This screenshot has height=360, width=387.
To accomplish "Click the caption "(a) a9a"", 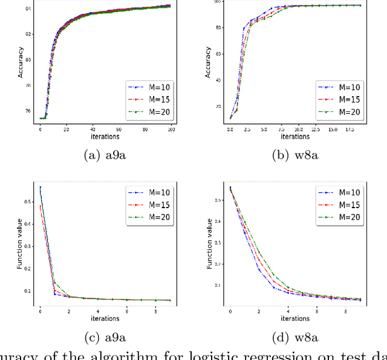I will click(106, 155).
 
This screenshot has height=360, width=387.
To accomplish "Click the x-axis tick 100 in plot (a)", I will click(172, 129).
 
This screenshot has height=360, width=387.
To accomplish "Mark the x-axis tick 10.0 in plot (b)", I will click(299, 129).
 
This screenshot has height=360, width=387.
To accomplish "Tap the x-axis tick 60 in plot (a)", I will click(119, 129).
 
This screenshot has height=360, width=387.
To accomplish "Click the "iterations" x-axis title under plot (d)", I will click(294, 318).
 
